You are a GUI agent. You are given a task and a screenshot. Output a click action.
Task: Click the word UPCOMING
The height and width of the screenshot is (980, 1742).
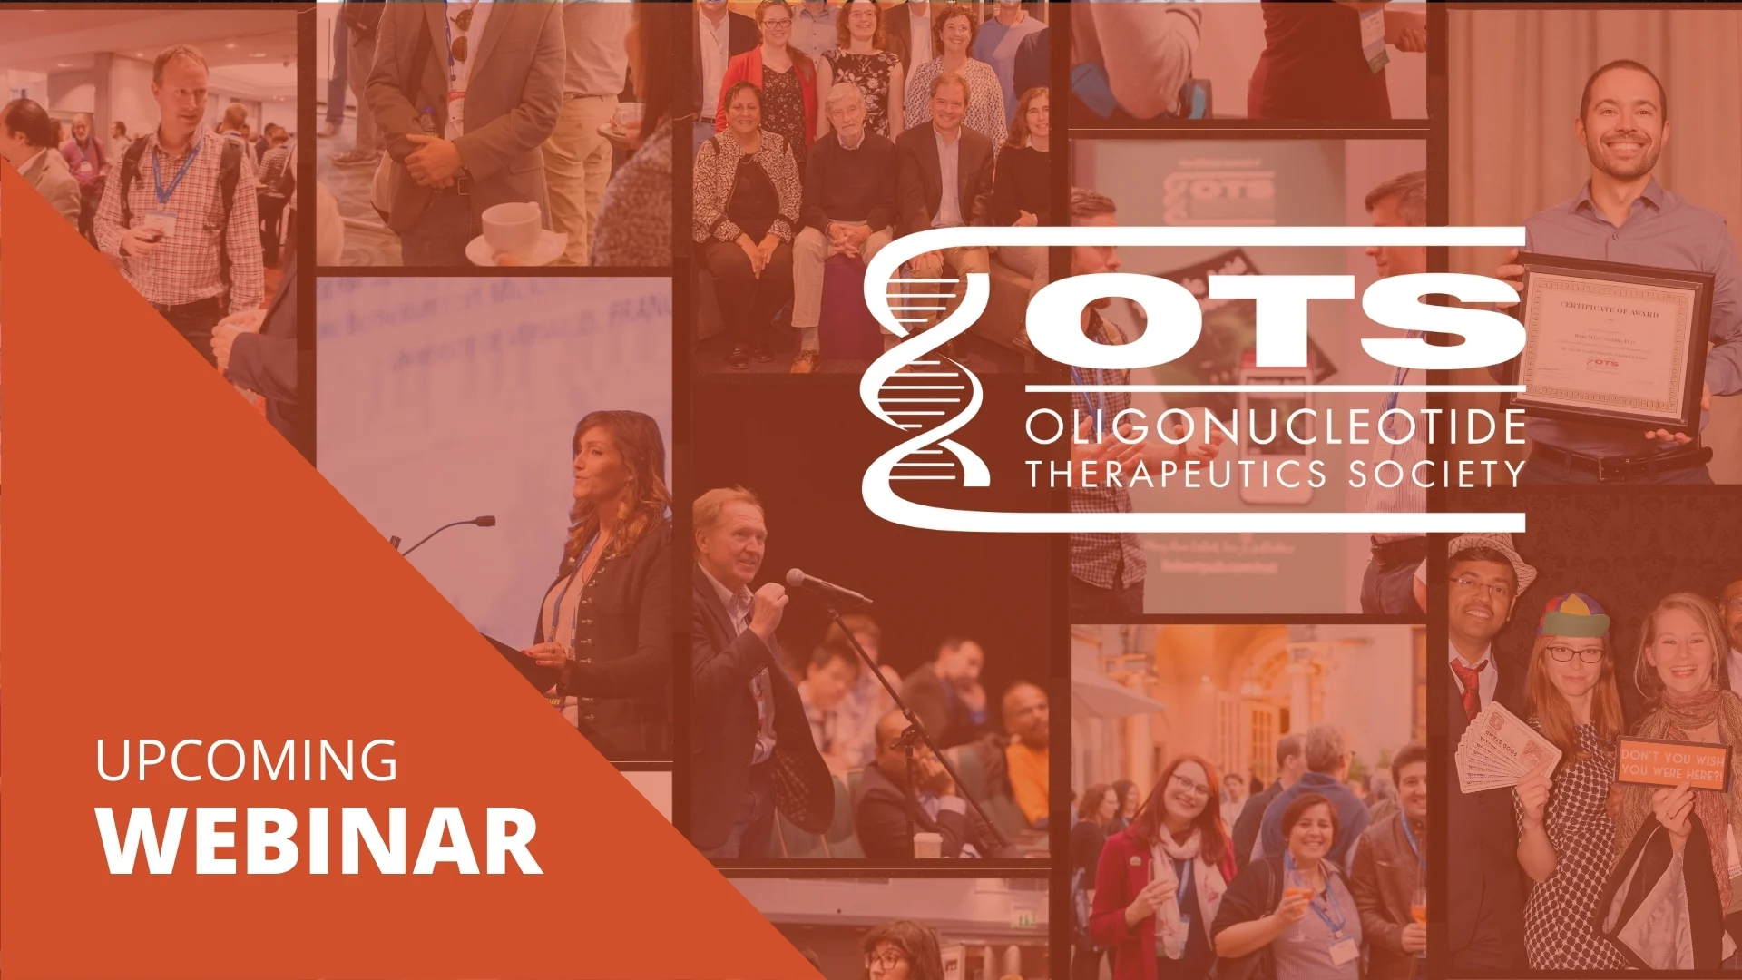pos(246,760)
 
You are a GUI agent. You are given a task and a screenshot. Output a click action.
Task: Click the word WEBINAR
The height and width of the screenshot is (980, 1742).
pos(319,839)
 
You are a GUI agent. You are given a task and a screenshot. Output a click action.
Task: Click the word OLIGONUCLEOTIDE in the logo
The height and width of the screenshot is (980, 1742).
pos(1275,426)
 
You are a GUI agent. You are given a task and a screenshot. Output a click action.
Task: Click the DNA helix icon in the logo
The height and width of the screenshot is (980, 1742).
pos(925,381)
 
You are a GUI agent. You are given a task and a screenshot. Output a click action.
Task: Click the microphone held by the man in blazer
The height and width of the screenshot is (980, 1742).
pos(821,586)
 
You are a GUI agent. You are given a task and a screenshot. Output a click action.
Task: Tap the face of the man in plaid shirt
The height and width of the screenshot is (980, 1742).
pos(181,91)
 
